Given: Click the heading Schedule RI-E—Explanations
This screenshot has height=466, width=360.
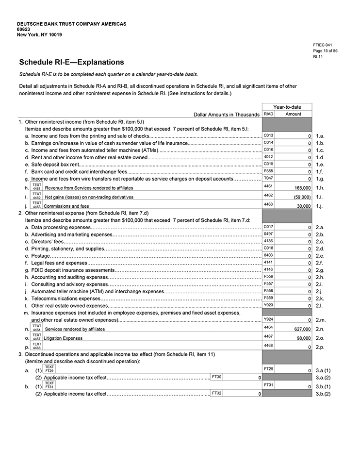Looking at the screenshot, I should click(x=71, y=62).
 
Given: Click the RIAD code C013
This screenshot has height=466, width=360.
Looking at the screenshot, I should click(x=268, y=135).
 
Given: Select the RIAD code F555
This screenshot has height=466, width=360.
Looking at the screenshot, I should click(x=268, y=171).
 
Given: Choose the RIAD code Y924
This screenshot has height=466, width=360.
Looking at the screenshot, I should click(x=268, y=319).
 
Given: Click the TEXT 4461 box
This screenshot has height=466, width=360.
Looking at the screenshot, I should click(x=37, y=187).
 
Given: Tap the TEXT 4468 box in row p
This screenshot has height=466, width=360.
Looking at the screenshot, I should click(x=37, y=346).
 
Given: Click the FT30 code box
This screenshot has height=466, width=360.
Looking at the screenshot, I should click(x=216, y=377).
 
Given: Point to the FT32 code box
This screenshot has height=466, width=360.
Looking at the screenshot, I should click(x=216, y=393).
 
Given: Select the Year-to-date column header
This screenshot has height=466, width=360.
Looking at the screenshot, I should click(x=287, y=107).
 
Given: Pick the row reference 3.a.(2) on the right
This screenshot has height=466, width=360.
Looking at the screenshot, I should click(x=323, y=378).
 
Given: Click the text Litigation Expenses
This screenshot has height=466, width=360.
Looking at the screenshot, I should click(x=63, y=338).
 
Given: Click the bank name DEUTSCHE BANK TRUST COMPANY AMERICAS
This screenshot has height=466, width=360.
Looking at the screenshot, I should click(x=71, y=24).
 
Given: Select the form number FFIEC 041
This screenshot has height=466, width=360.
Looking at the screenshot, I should click(x=323, y=45).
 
